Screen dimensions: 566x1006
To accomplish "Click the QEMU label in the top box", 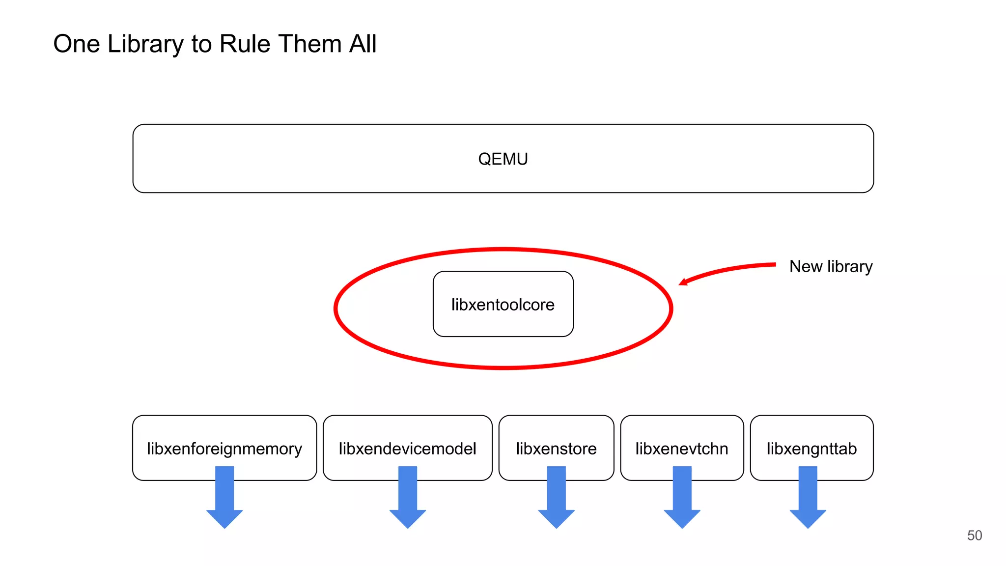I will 503,159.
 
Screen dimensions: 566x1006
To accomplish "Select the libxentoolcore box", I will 503,305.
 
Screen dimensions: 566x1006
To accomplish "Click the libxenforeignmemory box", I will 224,448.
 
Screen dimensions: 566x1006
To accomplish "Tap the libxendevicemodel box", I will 407,448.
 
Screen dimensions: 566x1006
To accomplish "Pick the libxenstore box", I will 556,448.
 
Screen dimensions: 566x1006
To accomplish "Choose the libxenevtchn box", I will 682,448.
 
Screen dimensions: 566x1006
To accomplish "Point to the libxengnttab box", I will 811,448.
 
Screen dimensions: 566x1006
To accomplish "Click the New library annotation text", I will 831,266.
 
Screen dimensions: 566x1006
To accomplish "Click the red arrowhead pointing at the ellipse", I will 683,282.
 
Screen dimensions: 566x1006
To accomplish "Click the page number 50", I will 975,535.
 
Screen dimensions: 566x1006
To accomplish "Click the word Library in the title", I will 145,44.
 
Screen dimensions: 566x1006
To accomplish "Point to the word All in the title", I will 363,44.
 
